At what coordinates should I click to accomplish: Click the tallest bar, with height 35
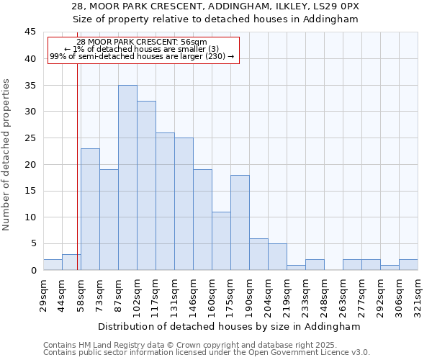click(127, 178)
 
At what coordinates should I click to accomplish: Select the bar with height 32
click(146, 186)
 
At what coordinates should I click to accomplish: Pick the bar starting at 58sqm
click(90, 210)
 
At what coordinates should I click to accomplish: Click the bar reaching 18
click(240, 222)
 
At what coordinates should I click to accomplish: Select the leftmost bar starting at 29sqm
click(53, 265)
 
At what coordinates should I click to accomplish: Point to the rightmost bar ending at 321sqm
click(408, 265)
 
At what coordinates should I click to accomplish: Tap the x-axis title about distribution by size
click(230, 326)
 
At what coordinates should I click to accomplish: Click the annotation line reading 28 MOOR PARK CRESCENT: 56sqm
click(141, 42)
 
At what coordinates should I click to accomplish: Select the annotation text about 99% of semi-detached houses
click(142, 56)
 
